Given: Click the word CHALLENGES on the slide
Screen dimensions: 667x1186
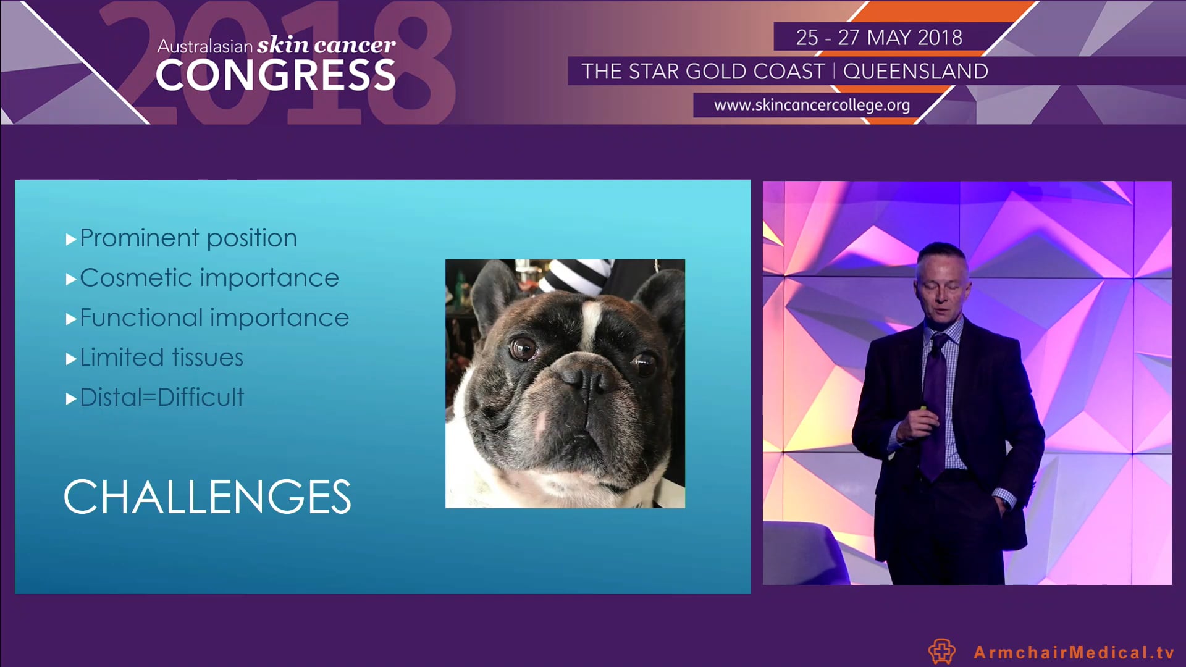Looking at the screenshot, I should tap(208, 497).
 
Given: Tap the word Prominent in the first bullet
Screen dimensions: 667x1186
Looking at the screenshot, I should tap(140, 238).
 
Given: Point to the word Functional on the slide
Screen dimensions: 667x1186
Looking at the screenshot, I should tap(141, 318).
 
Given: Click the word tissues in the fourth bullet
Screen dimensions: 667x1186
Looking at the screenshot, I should tap(208, 358).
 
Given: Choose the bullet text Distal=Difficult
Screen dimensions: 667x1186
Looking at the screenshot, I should tap(162, 397).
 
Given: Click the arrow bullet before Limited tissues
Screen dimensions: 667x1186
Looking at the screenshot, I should tap(71, 359).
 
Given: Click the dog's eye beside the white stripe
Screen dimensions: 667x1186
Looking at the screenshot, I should tap(523, 349).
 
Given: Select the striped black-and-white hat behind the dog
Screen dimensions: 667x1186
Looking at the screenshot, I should tap(574, 275).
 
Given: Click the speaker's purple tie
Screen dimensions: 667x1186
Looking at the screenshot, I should tap(934, 401).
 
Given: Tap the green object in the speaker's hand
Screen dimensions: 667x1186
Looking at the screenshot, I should tap(923, 408).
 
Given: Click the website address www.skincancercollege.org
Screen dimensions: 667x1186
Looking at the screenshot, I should tap(812, 105).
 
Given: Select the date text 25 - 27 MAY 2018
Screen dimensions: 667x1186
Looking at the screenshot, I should tap(878, 38).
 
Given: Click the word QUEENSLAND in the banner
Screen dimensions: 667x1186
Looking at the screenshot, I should tap(915, 72).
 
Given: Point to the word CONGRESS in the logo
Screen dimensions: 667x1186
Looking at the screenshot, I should tap(275, 75).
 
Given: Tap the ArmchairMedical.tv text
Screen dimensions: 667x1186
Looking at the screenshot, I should tap(1074, 652).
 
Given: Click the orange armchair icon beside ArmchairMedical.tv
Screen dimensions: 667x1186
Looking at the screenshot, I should tap(941, 651).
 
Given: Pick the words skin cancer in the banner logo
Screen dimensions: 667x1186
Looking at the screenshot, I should tap(326, 44).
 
